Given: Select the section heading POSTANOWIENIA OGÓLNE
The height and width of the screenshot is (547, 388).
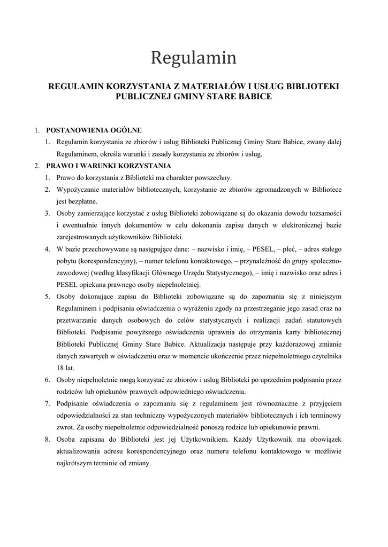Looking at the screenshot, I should pyautogui.click(x=94, y=130).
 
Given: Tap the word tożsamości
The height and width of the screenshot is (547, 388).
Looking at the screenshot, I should pyautogui.click(x=321, y=213).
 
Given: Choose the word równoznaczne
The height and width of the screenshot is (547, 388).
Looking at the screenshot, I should pyautogui.click(x=235, y=403).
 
